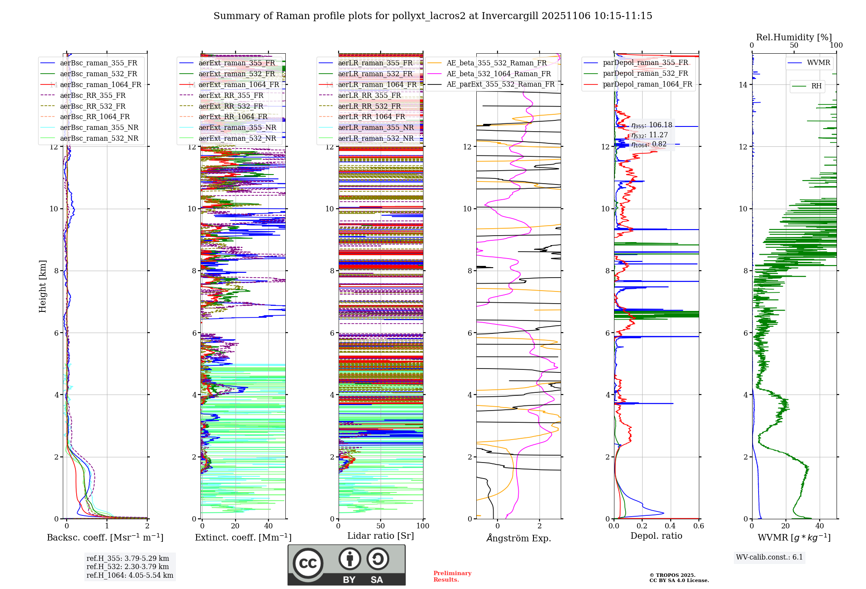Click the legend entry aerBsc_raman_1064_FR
tap(100, 84)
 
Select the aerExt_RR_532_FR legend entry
tap(231, 106)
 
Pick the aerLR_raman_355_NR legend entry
tap(375, 127)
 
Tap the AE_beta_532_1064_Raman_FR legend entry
tap(498, 74)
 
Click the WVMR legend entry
tap(818, 63)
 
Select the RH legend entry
tap(816, 86)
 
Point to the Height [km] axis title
tap(42, 286)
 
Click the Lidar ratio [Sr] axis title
tap(381, 536)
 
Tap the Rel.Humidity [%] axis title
tap(794, 37)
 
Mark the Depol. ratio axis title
tap(656, 536)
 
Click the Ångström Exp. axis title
tap(518, 538)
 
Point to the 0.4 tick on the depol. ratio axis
tap(670, 526)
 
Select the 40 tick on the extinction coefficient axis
tap(268, 526)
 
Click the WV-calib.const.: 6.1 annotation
tap(769, 557)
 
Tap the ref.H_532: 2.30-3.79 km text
tap(128, 566)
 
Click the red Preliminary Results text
tap(452, 576)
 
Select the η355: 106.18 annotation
tap(652, 125)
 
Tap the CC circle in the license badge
tap(308, 563)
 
